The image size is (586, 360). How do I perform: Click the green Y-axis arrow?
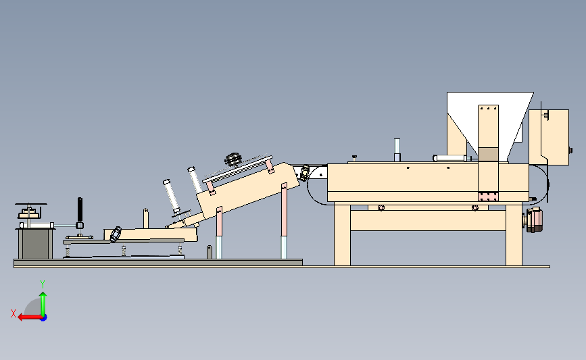click(x=43, y=304)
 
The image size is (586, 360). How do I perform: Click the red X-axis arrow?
click(x=30, y=317)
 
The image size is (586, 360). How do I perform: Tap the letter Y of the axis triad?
click(x=43, y=284)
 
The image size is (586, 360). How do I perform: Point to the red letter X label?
click(x=14, y=313)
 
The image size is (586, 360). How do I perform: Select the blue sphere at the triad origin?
click(x=43, y=317)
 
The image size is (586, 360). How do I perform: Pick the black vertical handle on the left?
click(x=80, y=210)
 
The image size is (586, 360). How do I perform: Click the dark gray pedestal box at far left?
click(x=35, y=243)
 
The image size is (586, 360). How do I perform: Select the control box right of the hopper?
click(x=549, y=137)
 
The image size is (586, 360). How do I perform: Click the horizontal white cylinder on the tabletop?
click(x=450, y=158)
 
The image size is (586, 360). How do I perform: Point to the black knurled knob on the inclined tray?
click(x=233, y=159)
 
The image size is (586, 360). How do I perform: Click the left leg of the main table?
click(x=342, y=234)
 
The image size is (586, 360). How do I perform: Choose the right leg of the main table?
click(x=514, y=234)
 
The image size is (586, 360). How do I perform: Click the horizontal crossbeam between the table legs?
click(x=428, y=220)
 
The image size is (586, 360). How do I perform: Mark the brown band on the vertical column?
click(x=489, y=154)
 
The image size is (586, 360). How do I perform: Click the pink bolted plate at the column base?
click(x=489, y=197)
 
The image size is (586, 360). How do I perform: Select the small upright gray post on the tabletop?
click(x=397, y=150)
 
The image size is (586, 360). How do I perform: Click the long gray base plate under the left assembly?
click(x=158, y=263)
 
